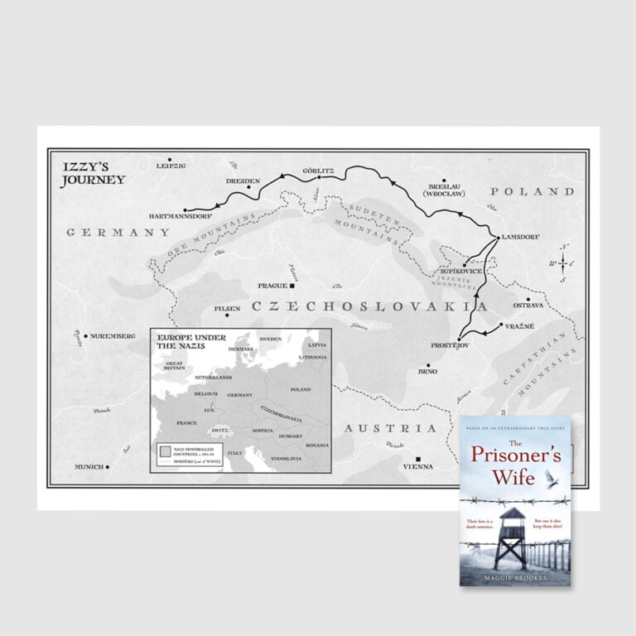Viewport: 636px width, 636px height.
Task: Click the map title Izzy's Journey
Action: click(93, 173)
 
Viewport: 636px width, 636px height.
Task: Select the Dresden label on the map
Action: click(243, 181)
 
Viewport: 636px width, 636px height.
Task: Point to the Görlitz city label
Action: click(319, 169)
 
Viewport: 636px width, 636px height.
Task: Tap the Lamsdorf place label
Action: click(521, 237)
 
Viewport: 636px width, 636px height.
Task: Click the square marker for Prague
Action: click(291, 286)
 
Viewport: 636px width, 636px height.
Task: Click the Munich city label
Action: click(89, 467)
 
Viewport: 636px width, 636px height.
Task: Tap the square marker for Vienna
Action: click(419, 459)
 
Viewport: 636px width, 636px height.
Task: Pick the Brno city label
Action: click(427, 372)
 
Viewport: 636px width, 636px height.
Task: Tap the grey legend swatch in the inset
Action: click(166, 451)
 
